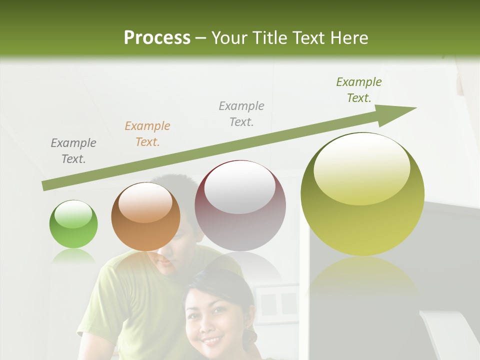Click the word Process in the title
click(157, 38)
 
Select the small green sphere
click(73, 224)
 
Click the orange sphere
click(145, 216)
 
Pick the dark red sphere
click(240, 205)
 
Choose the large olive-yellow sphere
click(362, 194)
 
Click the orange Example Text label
click(147, 134)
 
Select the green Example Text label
click(359, 89)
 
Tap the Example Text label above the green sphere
click(73, 151)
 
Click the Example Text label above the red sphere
click(241, 113)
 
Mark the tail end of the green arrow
click(45, 186)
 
